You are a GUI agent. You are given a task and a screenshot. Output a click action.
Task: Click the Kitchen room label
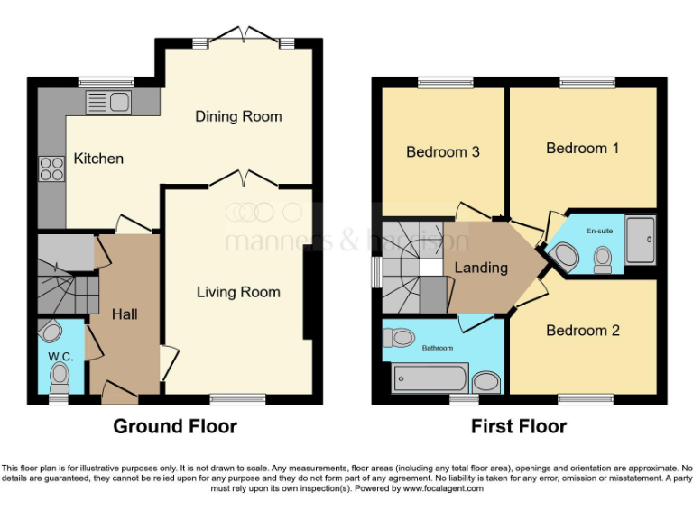[x=98, y=159]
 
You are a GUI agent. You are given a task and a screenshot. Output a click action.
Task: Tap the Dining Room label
[x=238, y=116]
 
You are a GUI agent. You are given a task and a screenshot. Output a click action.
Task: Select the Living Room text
[x=238, y=292]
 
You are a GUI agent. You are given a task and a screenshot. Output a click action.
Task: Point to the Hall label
[x=125, y=314]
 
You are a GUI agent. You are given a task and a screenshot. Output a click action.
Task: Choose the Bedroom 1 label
[x=582, y=148]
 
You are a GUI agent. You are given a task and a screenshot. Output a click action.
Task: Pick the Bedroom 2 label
[x=583, y=331]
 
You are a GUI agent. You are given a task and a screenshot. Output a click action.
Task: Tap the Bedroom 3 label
[x=442, y=151]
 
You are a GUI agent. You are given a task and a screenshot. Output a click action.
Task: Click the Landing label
[x=480, y=268]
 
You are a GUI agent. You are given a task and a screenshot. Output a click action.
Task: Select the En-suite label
[x=599, y=232]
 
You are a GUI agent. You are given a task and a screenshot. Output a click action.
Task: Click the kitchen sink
[x=109, y=102]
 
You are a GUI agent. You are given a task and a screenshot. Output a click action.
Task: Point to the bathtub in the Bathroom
[x=430, y=378]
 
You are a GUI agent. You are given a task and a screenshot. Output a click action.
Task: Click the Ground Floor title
[x=175, y=426]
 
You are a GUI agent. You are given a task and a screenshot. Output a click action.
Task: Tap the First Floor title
[x=519, y=426]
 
